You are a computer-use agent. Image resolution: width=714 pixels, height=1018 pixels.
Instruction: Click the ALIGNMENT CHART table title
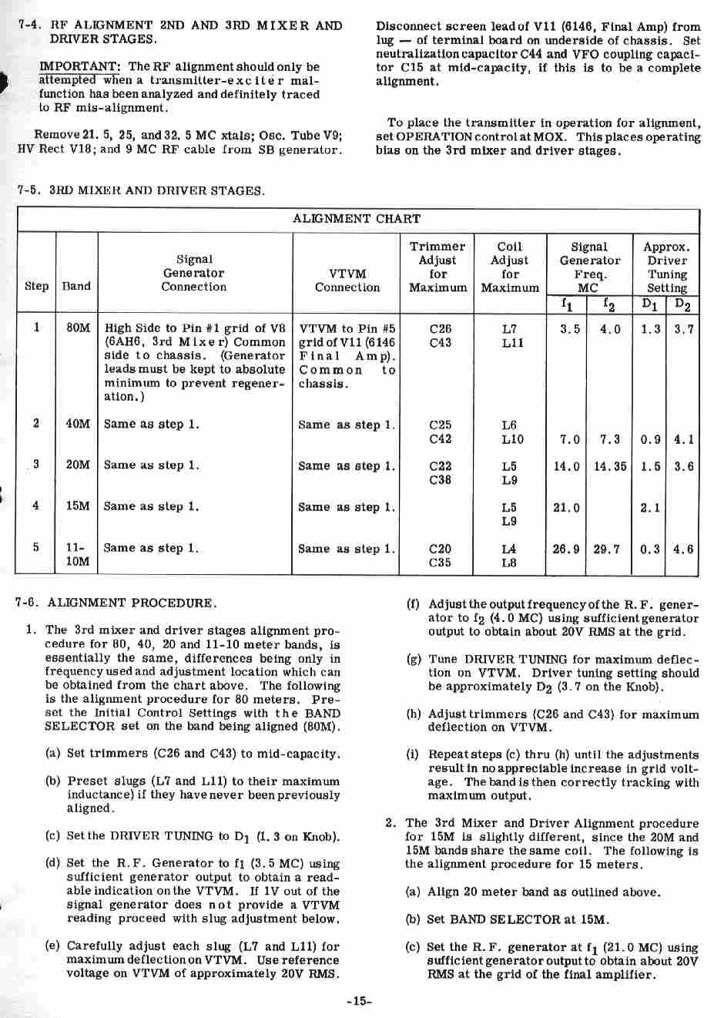point(357,219)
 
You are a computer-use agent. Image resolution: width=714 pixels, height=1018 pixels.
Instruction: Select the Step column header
point(36,286)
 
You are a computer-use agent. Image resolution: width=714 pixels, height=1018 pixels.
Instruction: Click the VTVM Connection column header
point(347,281)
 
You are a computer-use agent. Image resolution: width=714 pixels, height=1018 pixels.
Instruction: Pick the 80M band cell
point(78,328)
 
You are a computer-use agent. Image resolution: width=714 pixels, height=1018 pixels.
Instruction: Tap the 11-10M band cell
point(77,555)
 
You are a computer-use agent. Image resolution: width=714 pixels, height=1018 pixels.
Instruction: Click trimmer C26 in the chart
point(440,328)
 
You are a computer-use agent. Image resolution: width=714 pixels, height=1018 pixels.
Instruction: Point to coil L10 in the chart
point(511,439)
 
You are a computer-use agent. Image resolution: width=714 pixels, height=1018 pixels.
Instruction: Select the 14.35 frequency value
point(609,466)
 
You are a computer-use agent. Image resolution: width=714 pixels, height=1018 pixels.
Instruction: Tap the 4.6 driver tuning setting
point(683,549)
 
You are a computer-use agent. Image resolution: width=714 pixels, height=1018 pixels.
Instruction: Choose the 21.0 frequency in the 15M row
point(566,508)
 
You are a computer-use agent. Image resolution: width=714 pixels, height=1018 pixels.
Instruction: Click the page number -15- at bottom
point(359,1001)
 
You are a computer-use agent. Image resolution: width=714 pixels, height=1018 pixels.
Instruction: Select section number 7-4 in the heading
point(28,25)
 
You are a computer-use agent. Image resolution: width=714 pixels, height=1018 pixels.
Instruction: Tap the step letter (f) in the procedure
point(413,604)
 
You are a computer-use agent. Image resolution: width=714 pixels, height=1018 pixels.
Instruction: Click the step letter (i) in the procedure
point(413,755)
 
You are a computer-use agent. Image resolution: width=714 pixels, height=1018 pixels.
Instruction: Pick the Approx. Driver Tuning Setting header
point(666,267)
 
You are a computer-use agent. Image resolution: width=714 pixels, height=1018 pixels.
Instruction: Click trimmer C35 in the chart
point(440,563)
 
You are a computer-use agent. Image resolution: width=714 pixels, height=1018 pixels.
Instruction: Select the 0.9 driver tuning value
point(650,439)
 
